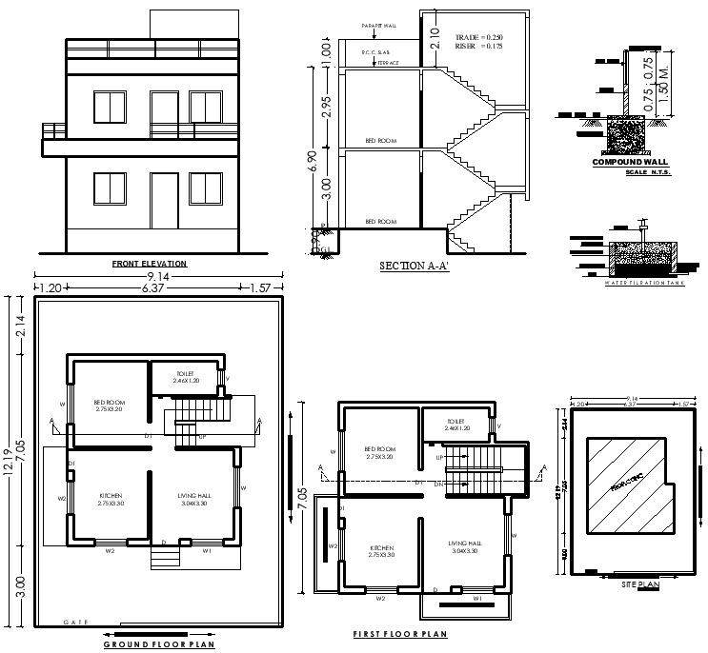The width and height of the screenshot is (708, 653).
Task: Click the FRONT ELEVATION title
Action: tap(150, 264)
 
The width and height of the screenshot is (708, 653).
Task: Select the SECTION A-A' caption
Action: tap(415, 267)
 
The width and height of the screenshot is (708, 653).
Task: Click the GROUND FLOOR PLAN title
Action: tap(159, 644)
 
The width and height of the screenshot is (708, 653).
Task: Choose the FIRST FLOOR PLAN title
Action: tap(400, 633)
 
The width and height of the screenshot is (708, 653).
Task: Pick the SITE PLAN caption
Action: tap(635, 584)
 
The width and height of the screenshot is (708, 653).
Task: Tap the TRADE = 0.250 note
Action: tap(476, 34)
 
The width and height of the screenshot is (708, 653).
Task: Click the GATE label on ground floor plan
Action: tap(76, 622)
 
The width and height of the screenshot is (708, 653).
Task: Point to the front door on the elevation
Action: tap(165, 200)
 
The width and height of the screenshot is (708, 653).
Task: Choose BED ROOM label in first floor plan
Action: tap(380, 449)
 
